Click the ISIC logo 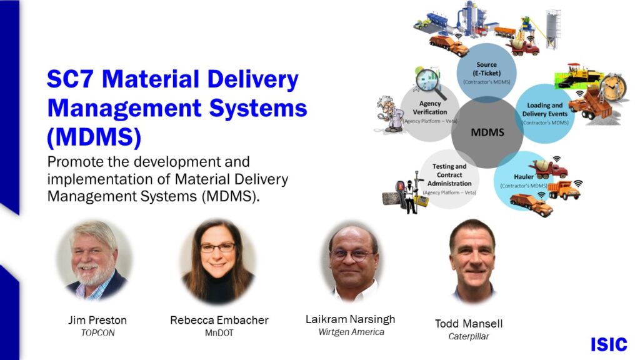point(609,344)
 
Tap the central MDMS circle point(487,132)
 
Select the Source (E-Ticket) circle point(486,72)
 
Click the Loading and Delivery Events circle point(545,114)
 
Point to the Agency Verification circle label point(430,107)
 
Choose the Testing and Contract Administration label point(449,175)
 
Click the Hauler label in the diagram point(524,177)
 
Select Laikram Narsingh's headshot point(351,262)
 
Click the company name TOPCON point(98,333)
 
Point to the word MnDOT point(219,333)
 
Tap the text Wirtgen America point(351,332)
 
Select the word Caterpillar point(469,337)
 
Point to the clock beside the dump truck point(613,86)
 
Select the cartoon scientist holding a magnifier point(389,114)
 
